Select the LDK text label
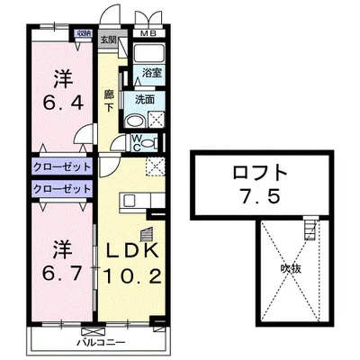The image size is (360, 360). pyautogui.click(x=132, y=250)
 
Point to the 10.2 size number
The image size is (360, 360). pyautogui.click(x=134, y=276)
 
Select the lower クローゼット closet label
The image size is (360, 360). pyautogui.click(x=62, y=189)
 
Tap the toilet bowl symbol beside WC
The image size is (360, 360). pyautogui.click(x=149, y=141)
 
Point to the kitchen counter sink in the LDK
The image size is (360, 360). pyautogui.click(x=130, y=199)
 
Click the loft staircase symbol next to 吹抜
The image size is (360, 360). pyautogui.click(x=311, y=231)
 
